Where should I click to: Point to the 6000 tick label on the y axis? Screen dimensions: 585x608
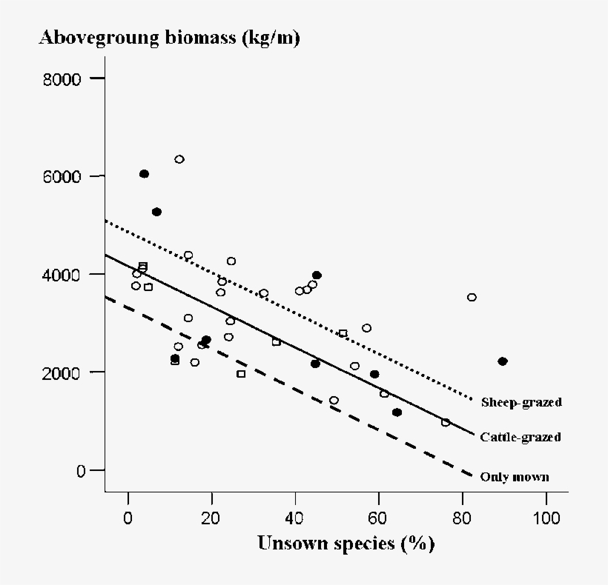65,176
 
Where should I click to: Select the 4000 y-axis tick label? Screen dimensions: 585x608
65,274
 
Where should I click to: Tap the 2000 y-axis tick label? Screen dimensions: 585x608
65,372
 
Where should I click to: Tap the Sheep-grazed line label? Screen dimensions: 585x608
521,403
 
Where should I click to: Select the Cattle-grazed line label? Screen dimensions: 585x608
521,437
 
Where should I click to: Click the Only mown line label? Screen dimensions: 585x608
515,477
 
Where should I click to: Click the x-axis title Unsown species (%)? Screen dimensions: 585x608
346,544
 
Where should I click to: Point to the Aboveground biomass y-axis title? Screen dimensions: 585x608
170,38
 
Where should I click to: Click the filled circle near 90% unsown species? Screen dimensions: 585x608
503,361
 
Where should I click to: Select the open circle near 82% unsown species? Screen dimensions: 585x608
472,297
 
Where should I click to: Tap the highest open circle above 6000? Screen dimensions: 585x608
179,159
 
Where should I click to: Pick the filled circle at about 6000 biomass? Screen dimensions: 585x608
144,174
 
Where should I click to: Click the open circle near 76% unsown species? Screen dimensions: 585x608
446,422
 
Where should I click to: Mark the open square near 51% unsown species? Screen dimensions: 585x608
343,333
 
